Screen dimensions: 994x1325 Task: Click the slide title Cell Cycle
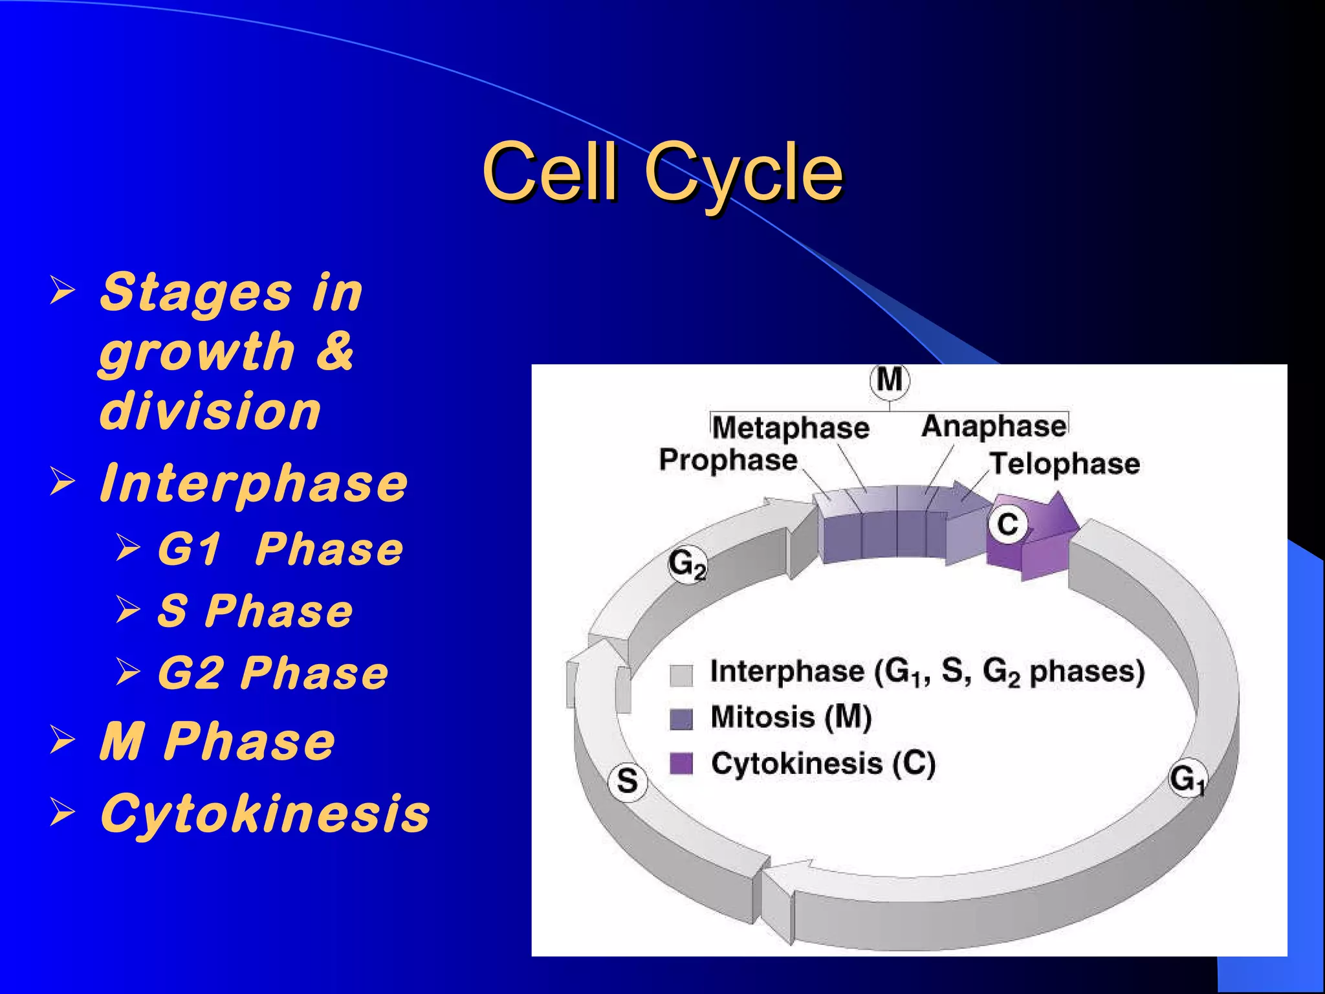point(662,172)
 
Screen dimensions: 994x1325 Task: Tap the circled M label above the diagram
point(890,380)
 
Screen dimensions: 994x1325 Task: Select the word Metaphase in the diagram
point(791,428)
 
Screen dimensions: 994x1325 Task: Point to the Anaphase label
point(994,426)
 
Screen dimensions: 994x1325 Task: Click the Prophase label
point(728,460)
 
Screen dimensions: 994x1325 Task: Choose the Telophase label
point(1065,464)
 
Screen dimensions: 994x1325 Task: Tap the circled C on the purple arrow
point(1008,524)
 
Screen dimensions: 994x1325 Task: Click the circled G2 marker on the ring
point(687,565)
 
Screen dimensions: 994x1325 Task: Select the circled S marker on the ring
point(628,781)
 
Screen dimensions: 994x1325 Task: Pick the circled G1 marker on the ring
point(1187,779)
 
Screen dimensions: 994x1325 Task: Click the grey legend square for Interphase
point(681,675)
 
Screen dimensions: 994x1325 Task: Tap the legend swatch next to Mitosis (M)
point(681,719)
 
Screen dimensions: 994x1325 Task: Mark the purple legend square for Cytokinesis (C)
point(681,764)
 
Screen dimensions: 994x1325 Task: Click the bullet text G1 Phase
point(280,549)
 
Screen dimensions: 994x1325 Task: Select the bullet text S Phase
point(256,611)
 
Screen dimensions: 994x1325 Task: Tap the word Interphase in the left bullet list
point(254,483)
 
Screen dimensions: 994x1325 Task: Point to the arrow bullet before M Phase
point(63,740)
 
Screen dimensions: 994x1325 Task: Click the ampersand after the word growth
point(335,351)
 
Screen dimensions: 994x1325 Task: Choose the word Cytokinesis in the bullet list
point(265,813)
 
